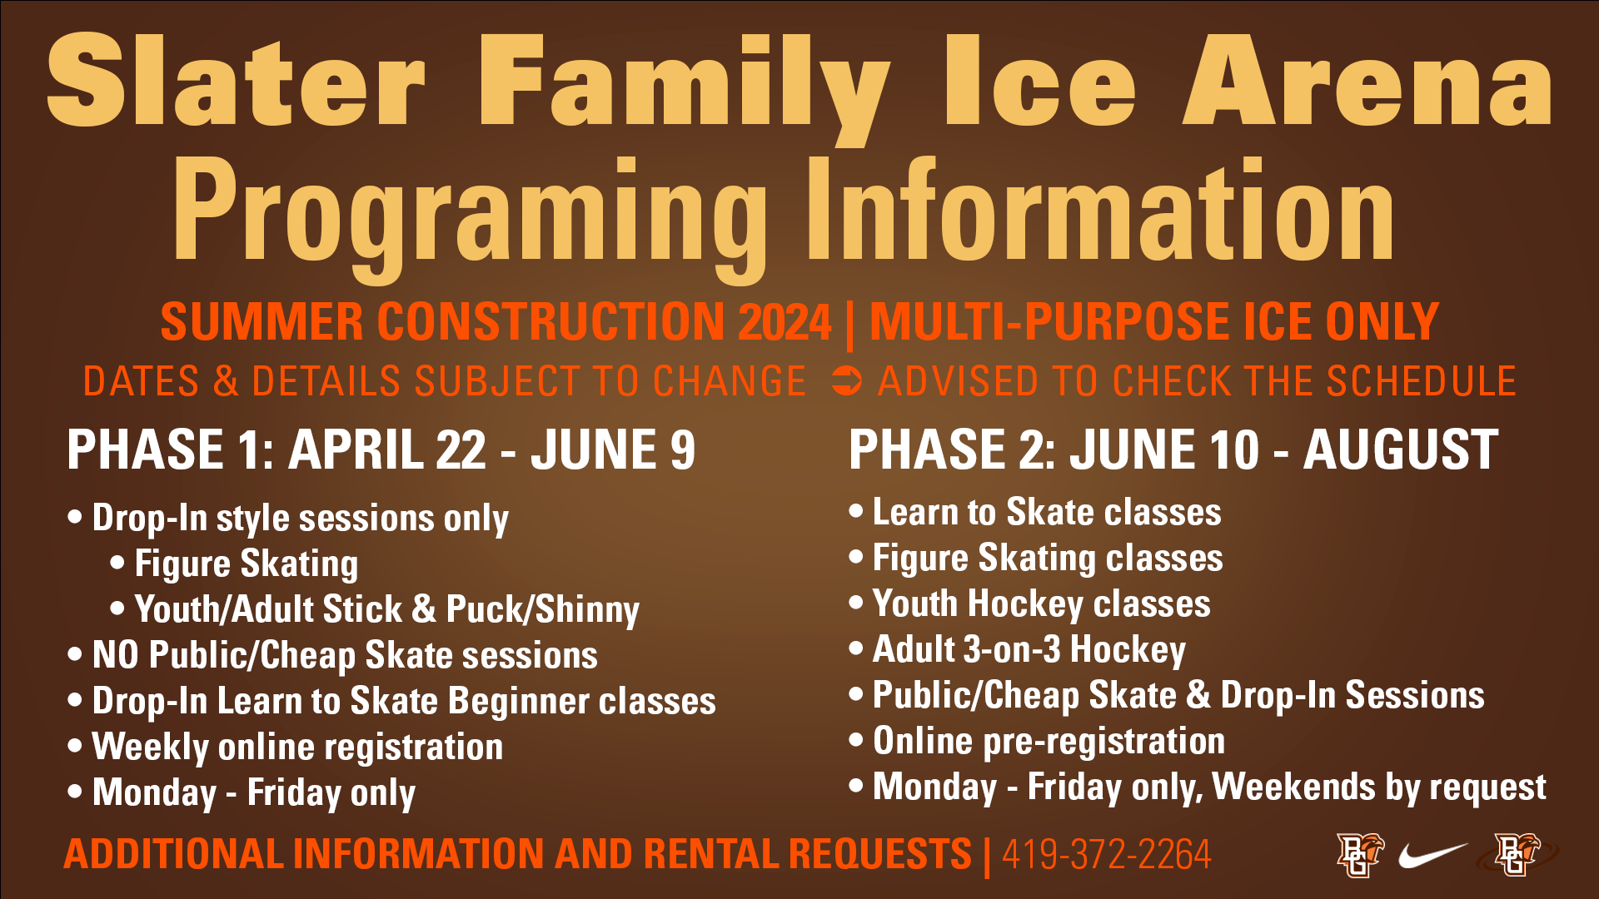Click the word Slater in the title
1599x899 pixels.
[x=236, y=81]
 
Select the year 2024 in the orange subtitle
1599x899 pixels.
[x=785, y=322]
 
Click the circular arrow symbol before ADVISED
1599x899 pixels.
[x=847, y=382]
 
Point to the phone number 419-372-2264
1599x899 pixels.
[x=1106, y=855]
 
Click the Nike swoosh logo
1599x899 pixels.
[x=1432, y=854]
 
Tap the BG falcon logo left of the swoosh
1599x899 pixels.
[x=1360, y=855]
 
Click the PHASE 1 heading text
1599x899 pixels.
[x=381, y=449]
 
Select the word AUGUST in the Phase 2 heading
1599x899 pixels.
[x=1401, y=449]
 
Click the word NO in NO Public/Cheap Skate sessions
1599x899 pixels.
[x=115, y=655]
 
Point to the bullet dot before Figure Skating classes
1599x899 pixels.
[x=856, y=556]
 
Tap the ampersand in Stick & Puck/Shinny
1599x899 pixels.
[x=424, y=608]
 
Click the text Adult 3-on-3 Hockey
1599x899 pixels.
[x=1029, y=650]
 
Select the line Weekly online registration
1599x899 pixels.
[x=298, y=748]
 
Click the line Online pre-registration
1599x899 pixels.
[x=1049, y=742]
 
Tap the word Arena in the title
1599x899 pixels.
[x=1367, y=81]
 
